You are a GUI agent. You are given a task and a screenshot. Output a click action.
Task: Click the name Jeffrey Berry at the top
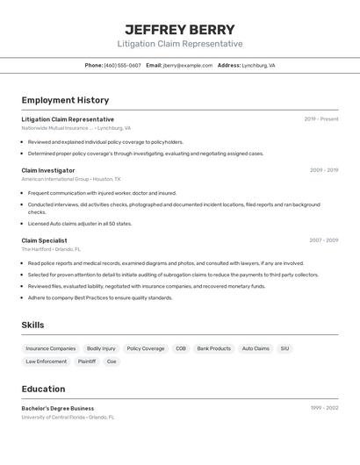pos(180,30)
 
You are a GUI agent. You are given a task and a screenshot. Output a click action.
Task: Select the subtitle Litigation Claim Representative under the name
pos(180,44)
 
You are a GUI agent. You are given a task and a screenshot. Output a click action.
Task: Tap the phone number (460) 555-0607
pos(122,65)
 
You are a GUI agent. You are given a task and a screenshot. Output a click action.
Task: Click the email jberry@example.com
pos(187,65)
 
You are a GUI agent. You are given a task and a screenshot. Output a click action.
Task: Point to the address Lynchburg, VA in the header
pos(258,65)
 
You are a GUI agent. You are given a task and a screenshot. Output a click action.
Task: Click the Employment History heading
pos(65,100)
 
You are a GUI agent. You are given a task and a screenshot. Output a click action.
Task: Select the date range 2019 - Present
pos(321,119)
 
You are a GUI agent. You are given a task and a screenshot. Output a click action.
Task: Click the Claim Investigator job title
pos(48,170)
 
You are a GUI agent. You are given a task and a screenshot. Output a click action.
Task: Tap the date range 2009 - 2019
pos(323,170)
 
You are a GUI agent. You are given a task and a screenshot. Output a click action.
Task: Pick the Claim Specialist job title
pos(44,240)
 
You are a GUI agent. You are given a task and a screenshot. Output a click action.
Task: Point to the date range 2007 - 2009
pos(323,240)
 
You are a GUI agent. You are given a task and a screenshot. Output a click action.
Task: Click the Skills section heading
pos(32,325)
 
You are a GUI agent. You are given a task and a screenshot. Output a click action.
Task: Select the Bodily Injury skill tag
pos(101,348)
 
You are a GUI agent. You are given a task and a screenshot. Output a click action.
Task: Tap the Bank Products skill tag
pos(213,348)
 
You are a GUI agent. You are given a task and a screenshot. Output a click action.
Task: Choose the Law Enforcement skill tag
pos(46,361)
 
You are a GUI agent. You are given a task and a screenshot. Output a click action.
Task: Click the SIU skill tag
pos(284,348)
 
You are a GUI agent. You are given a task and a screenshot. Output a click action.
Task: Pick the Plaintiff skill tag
pos(87,361)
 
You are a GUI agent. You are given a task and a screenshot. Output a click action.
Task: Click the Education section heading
pos(43,389)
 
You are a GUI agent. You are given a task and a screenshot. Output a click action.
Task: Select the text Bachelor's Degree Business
pos(57,408)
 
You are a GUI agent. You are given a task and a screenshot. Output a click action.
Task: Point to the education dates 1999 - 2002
pos(324,408)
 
